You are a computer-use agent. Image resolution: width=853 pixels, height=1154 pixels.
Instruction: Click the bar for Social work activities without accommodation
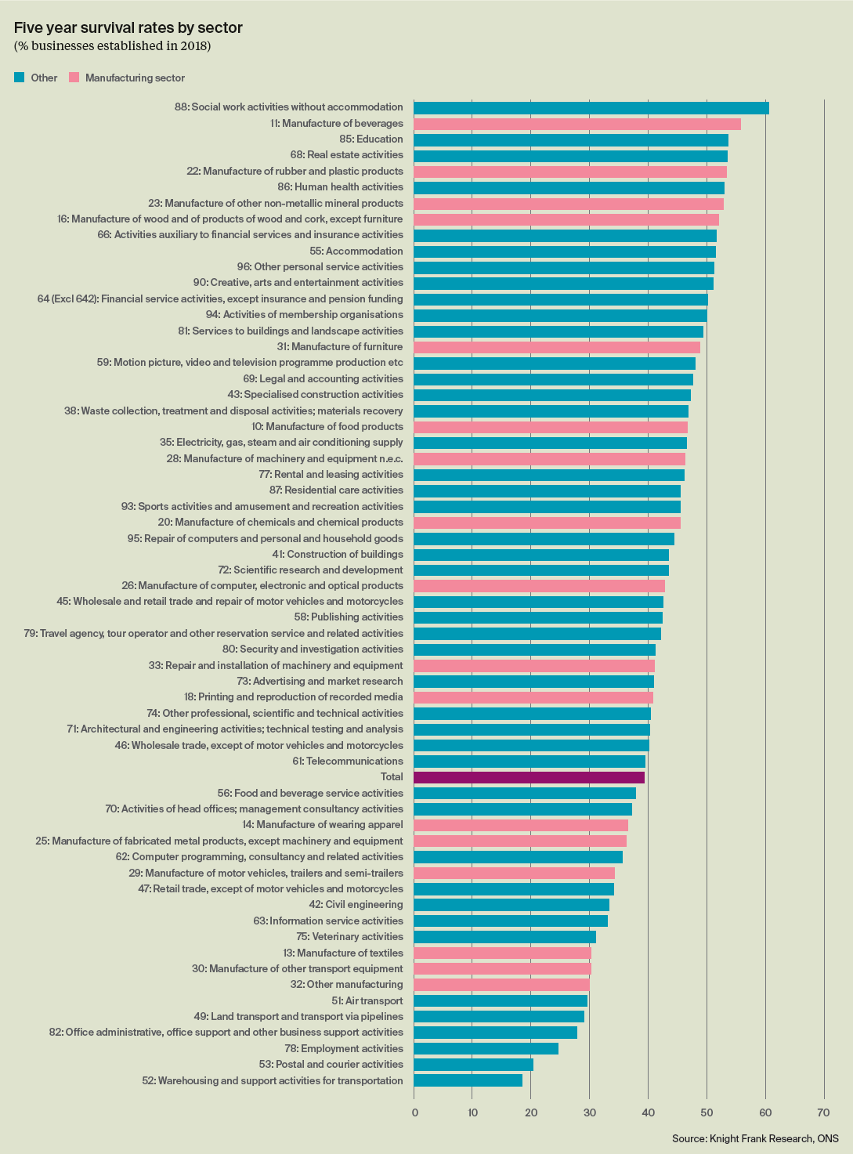click(x=591, y=108)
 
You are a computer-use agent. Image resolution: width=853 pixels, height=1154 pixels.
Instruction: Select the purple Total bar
click(x=529, y=777)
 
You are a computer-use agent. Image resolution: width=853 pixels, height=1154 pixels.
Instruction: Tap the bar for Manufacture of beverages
click(x=576, y=124)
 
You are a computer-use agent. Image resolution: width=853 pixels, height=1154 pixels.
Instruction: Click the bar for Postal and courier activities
click(x=473, y=1065)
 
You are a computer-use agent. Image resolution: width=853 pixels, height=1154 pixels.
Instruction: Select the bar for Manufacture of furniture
click(x=556, y=347)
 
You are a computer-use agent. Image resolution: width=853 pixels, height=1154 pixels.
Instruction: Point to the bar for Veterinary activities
click(x=504, y=937)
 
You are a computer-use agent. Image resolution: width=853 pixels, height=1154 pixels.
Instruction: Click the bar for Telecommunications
click(x=529, y=761)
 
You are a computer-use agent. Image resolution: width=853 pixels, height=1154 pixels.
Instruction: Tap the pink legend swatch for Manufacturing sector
click(x=74, y=78)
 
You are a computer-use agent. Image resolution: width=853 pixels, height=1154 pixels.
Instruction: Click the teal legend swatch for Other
click(x=20, y=78)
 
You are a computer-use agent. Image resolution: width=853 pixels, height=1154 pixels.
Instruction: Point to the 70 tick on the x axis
click(x=823, y=1112)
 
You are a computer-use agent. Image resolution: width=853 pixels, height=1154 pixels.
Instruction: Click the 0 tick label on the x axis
click(x=414, y=1112)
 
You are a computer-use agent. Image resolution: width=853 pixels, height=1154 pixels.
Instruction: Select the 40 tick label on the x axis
click(x=648, y=1112)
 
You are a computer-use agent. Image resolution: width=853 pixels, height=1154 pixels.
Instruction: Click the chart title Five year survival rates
click(x=128, y=28)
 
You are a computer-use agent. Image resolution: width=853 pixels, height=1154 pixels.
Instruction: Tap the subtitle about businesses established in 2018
click(x=112, y=46)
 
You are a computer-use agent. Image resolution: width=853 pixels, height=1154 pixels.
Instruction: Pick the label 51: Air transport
click(x=367, y=1000)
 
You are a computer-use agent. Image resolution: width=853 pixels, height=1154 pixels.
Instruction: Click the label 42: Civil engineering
click(x=356, y=905)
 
